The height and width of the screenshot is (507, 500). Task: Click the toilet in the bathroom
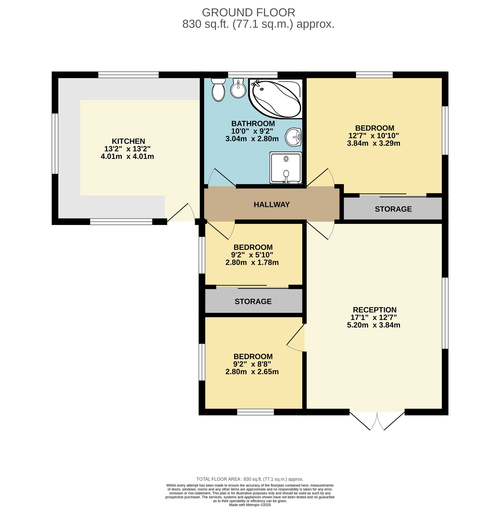(218, 90)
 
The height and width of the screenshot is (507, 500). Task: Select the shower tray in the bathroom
(286, 168)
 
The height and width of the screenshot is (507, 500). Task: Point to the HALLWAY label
(271, 205)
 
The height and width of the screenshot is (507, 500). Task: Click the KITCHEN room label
(128, 141)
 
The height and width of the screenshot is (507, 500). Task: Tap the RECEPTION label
(374, 310)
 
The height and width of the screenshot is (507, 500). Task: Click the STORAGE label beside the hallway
(393, 209)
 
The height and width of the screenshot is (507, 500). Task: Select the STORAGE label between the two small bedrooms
(253, 301)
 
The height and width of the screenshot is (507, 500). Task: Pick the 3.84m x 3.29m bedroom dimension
(373, 143)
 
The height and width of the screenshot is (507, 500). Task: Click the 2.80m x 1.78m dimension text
(252, 262)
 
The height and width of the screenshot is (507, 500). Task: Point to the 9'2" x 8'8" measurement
(252, 364)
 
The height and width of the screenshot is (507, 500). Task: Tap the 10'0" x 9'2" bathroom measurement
(252, 131)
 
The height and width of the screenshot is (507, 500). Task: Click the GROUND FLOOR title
(248, 12)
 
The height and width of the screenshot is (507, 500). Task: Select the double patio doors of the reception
(377, 420)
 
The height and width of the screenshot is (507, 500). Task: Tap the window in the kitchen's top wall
(128, 75)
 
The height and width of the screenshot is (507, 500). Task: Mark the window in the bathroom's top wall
(253, 75)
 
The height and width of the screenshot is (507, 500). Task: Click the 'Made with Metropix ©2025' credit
(250, 505)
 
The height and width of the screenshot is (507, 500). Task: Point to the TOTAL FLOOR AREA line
(250, 479)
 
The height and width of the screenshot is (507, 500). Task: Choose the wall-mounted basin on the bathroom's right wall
(293, 137)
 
